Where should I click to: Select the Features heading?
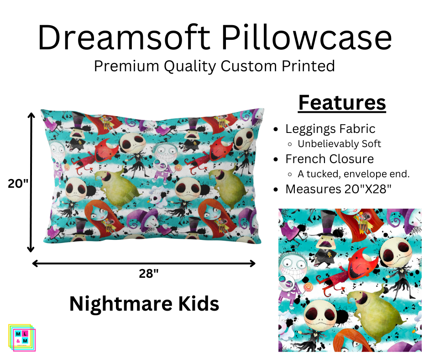tap(342, 103)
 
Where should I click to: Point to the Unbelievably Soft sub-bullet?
tap(339, 143)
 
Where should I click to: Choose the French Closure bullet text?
tap(330, 159)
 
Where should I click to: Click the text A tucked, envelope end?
tap(354, 174)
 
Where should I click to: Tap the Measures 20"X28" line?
tap(339, 189)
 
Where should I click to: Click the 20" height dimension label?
tap(18, 183)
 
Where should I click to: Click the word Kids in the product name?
tap(199, 304)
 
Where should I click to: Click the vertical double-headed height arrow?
tap(31, 183)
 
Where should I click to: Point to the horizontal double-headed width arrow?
tap(144, 263)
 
